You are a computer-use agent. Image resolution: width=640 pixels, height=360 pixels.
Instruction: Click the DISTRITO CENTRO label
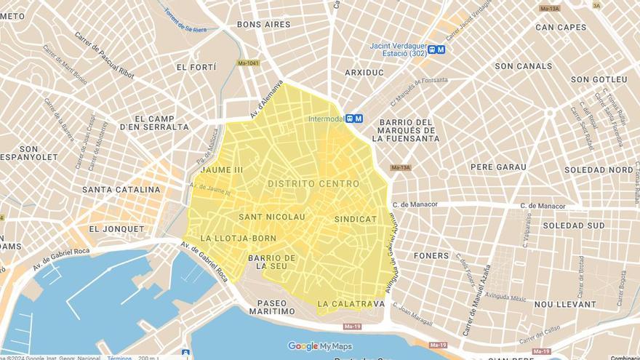[x=313, y=184]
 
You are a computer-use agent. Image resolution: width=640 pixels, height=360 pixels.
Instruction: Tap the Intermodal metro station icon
[x=353, y=119]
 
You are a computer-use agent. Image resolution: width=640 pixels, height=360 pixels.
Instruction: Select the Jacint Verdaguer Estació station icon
[x=436, y=49]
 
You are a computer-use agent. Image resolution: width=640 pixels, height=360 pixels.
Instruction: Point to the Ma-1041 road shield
[x=248, y=63]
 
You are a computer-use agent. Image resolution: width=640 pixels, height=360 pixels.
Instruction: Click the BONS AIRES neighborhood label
[x=263, y=24]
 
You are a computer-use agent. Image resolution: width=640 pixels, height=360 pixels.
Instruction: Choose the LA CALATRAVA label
[x=351, y=303]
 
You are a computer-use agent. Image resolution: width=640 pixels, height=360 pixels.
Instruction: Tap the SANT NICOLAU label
[x=271, y=217]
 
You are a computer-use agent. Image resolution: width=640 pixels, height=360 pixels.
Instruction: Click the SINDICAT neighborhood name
[x=356, y=219]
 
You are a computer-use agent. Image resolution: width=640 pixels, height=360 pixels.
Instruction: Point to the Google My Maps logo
[x=320, y=346]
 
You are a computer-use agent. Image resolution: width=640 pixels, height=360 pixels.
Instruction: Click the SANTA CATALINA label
[x=121, y=190]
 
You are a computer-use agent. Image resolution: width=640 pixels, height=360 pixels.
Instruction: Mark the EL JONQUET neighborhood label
[x=116, y=228]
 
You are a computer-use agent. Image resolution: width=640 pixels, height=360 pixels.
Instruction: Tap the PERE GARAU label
[x=498, y=167]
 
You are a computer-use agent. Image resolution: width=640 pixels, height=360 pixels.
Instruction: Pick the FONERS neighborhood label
[x=431, y=256]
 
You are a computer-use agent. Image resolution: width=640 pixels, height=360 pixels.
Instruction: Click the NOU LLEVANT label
[x=564, y=304]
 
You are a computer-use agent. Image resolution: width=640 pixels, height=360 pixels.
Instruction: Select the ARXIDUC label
[x=364, y=73]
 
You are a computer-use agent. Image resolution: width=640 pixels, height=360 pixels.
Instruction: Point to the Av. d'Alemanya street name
[x=266, y=99]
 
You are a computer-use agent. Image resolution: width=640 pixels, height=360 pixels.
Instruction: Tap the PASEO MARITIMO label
[x=272, y=307]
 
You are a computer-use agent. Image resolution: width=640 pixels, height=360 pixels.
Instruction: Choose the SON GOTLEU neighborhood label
[x=599, y=79]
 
